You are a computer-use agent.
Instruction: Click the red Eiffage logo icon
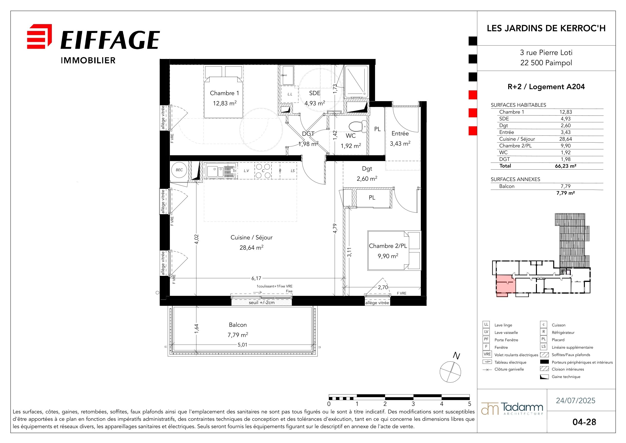click(39, 36)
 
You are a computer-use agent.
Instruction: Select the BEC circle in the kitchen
click(179, 170)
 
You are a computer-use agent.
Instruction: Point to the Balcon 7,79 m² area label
click(238, 330)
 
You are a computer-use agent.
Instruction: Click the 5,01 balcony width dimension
click(242, 345)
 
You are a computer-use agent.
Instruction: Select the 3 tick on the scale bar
click(413, 404)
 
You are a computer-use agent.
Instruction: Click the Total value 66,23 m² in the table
click(565, 166)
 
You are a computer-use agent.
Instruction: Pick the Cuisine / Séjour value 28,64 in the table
click(565, 139)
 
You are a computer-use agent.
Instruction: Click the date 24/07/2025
click(576, 400)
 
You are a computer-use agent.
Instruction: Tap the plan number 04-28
click(584, 422)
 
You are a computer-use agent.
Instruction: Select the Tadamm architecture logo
click(512, 409)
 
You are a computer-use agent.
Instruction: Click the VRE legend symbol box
click(487, 354)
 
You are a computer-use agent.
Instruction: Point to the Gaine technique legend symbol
click(544, 377)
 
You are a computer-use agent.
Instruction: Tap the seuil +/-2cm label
click(261, 302)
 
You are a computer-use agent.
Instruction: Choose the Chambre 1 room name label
click(224, 93)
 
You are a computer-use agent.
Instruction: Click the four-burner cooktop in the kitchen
click(263, 171)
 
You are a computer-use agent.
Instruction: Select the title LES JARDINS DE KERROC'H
click(546, 28)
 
